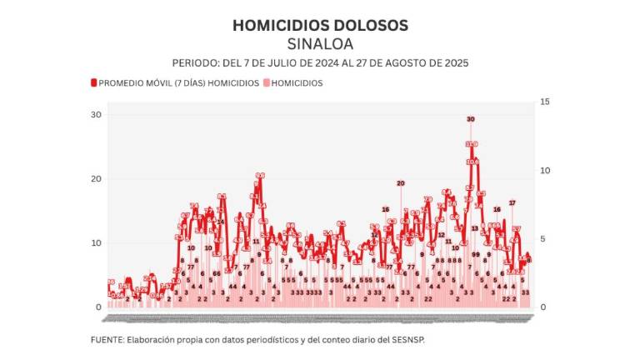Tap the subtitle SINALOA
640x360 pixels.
(320, 43)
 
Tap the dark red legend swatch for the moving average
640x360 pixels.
(93, 83)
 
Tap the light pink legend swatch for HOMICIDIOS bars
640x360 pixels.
(267, 83)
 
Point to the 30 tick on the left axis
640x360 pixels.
(96, 115)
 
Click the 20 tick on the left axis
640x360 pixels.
(96, 179)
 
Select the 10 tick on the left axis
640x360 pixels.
(96, 243)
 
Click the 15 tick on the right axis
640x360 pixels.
(545, 102)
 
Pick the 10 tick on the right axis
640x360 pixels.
(545, 170)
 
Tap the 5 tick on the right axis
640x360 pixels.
(543, 239)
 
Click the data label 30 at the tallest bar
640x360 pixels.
(471, 120)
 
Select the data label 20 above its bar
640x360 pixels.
(400, 183)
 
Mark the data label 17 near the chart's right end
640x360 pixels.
(512, 203)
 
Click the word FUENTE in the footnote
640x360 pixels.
(107, 340)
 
